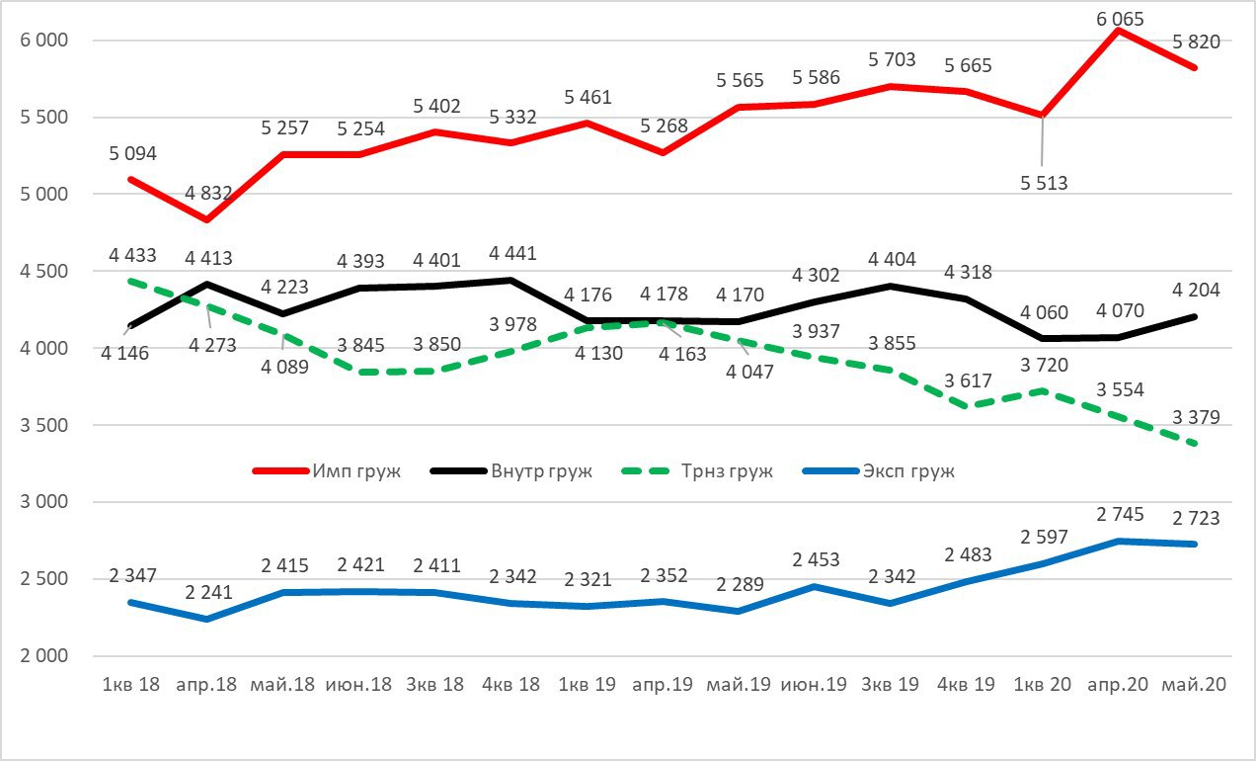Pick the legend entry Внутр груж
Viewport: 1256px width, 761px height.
541,470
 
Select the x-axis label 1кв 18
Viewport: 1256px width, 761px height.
130,684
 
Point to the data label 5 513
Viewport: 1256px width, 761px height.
1043,183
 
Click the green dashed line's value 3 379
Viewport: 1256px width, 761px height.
1195,417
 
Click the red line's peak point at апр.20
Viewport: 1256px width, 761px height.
1118,30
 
